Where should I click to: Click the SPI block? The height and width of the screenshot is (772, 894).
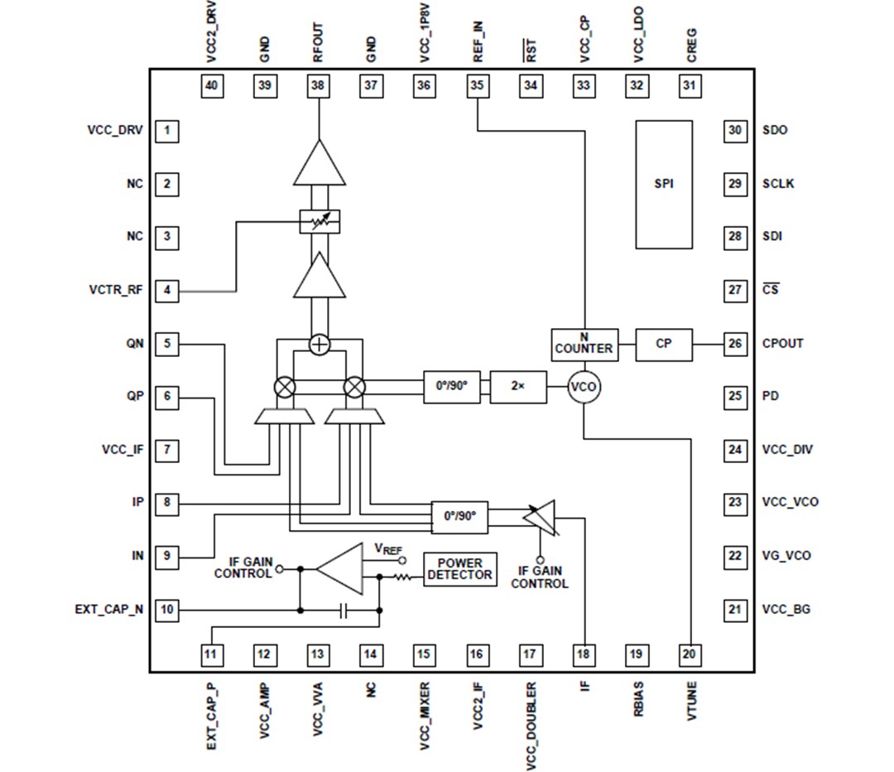664,184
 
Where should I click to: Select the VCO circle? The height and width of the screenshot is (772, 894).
584,387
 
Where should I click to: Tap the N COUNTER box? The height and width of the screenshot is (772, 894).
584,343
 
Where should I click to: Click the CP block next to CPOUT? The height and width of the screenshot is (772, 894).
664,343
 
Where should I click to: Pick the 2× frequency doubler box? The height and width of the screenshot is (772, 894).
517,387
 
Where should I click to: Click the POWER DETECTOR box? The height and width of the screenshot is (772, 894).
459,570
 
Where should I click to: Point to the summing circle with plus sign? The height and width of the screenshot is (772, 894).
320,344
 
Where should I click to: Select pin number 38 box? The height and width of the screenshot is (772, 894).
318,84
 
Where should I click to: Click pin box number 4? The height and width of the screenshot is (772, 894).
167,290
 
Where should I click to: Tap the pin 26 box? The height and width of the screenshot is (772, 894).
734,343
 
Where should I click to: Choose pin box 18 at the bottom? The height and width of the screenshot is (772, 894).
584,654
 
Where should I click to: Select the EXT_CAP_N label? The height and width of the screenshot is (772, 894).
108,610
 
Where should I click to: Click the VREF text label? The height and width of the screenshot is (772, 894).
390,548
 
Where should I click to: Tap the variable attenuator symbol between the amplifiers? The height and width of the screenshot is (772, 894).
320,221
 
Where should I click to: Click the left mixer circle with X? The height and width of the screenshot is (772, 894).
285,387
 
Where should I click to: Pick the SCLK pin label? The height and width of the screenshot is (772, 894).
778,184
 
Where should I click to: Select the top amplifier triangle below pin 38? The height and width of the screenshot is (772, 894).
320,164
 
